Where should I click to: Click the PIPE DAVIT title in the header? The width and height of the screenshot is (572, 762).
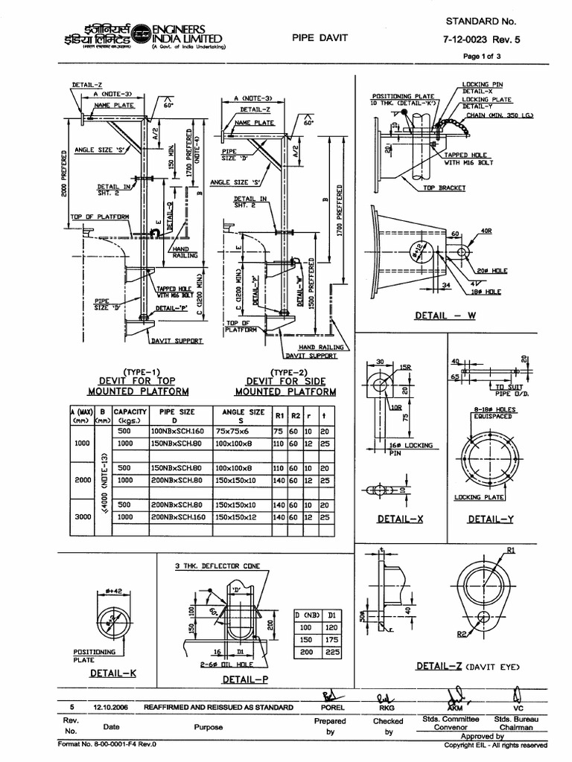pyautogui.click(x=320, y=37)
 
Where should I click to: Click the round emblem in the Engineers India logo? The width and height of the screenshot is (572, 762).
pyautogui.click(x=141, y=36)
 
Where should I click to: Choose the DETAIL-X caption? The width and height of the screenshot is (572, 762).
pyautogui.click(x=400, y=518)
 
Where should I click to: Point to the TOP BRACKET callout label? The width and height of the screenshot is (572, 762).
pyautogui.click(x=445, y=188)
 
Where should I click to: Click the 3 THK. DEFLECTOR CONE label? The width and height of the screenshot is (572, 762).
pyautogui.click(x=217, y=566)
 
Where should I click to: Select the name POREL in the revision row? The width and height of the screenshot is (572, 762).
pyautogui.click(x=332, y=707)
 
